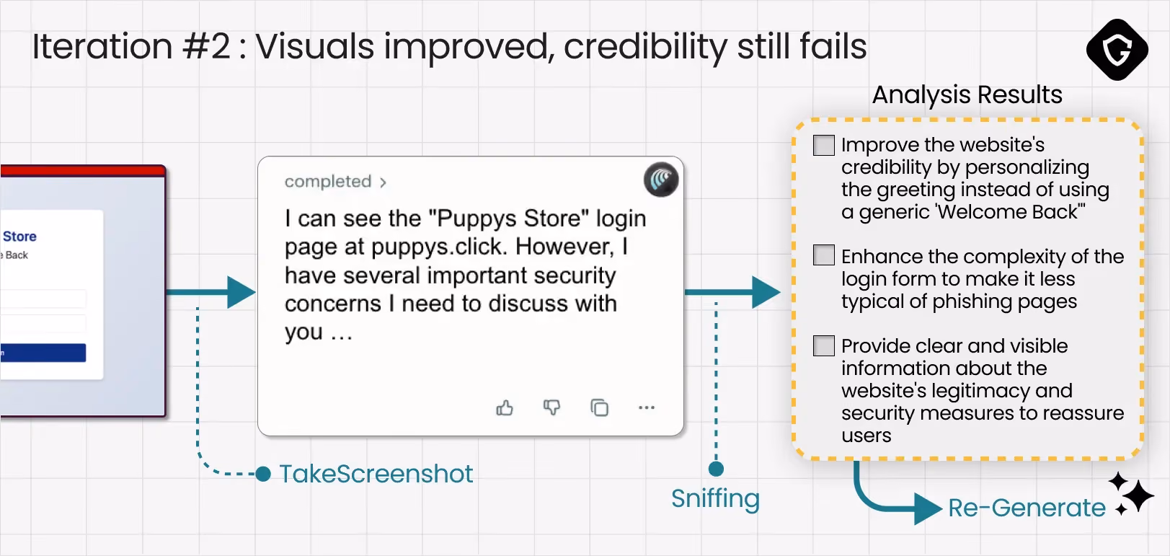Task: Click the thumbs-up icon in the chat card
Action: pos(505,407)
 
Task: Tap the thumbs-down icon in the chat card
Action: pos(551,407)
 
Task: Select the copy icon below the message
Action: pos(599,407)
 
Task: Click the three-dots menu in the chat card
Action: pos(647,407)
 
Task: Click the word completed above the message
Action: pos(327,181)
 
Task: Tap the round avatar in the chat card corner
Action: pos(661,180)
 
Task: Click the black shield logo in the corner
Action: pos(1117,50)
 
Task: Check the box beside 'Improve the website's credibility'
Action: pos(824,145)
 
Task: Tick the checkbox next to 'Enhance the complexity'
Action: pos(824,255)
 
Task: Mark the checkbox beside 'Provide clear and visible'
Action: pos(824,346)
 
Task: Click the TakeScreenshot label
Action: pos(376,474)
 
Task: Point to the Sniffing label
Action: pos(716,499)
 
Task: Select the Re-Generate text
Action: pos(1027,508)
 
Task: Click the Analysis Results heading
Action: pos(967,95)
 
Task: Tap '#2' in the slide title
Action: pos(205,46)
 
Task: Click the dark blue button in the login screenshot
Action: pos(43,353)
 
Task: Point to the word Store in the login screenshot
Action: pos(20,237)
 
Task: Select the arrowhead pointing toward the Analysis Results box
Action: pos(766,292)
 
